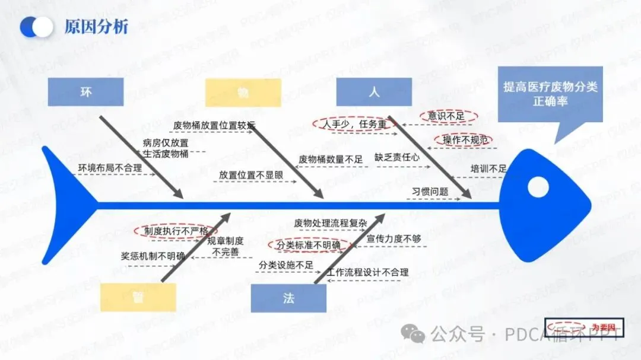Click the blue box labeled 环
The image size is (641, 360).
[85, 92]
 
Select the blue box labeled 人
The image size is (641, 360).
[373, 92]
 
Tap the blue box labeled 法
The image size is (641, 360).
[288, 298]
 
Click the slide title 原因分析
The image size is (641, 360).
[96, 27]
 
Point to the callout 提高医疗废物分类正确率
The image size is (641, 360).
[550, 94]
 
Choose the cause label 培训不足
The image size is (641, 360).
[488, 169]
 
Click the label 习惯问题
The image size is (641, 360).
[430, 192]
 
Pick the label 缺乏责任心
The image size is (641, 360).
[396, 158]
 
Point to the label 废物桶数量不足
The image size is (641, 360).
[330, 159]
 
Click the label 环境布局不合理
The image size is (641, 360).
[110, 168]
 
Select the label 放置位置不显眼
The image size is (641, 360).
[250, 175]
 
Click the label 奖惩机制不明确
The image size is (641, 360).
[153, 256]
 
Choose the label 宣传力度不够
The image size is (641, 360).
[394, 238]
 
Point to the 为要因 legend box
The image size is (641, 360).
[584, 327]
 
